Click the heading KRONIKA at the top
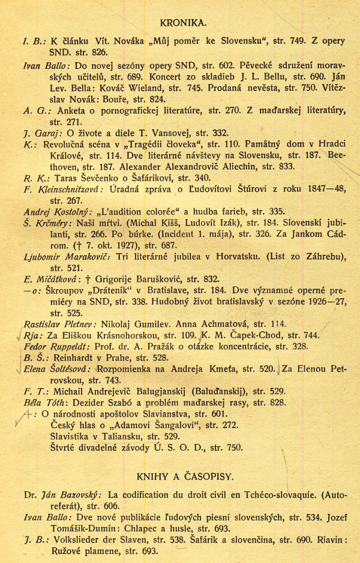(184, 23)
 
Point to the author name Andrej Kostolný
(57, 212)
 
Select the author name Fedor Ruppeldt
(56, 347)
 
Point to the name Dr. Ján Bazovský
(64, 495)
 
